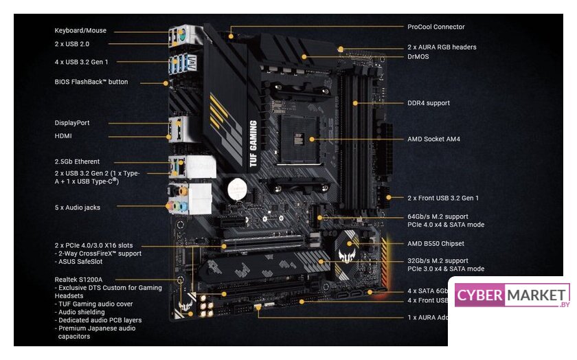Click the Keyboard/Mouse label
(x=80, y=31)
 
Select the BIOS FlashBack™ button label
(x=91, y=82)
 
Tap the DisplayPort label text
(x=72, y=123)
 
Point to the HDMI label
(x=64, y=135)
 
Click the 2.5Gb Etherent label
(x=77, y=161)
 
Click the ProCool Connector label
(x=435, y=27)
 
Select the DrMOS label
(x=418, y=56)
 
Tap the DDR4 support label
(x=429, y=103)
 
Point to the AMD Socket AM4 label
(x=433, y=139)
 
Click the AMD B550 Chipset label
(x=435, y=243)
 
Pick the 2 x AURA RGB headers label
(x=442, y=47)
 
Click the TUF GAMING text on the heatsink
(x=253, y=144)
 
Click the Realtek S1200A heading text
(x=78, y=280)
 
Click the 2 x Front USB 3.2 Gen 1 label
(x=443, y=198)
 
